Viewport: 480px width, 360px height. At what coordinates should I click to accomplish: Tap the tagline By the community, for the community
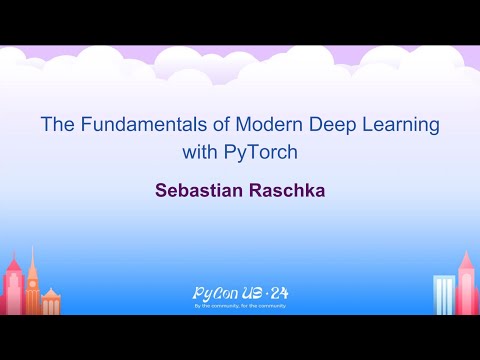(x=239, y=307)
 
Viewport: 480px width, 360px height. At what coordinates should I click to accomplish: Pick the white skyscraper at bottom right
(x=443, y=295)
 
